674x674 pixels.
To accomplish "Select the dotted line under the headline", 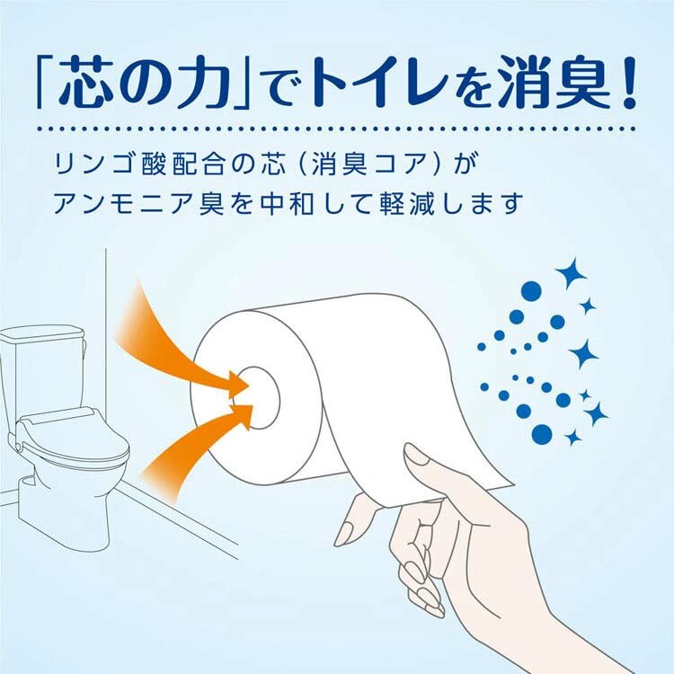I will [x=337, y=129].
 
